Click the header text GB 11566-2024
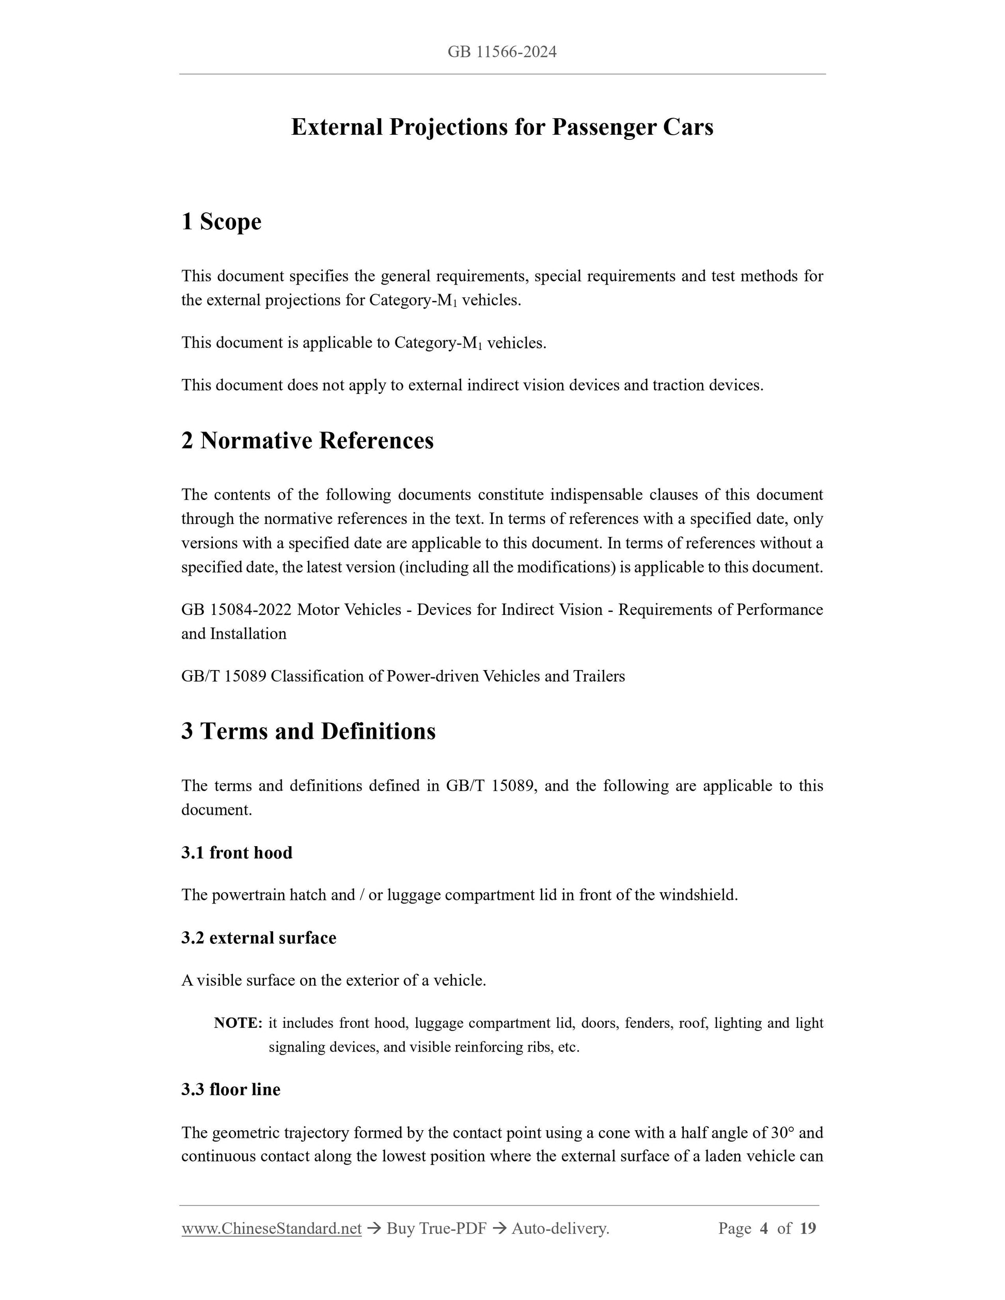[502, 52]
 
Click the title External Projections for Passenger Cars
[502, 128]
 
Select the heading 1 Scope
[222, 221]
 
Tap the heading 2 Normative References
[307, 440]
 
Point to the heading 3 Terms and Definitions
[308, 731]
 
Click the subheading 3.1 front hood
[237, 852]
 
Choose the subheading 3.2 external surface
[259, 938]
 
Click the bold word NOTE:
[238, 1023]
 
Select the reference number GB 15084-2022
[237, 610]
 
